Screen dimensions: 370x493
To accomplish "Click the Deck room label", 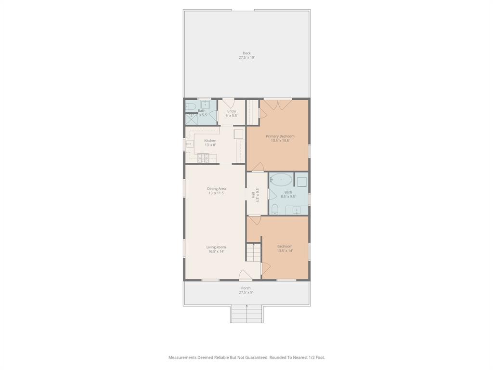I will click(246, 53).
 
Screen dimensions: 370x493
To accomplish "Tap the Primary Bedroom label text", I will click(280, 136).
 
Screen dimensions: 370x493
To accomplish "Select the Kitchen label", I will click(210, 141).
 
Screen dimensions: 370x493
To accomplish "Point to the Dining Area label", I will click(216, 189).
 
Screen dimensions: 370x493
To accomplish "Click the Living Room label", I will click(216, 247).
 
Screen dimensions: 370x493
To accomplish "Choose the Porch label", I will click(246, 288).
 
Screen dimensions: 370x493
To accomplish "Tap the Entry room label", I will click(232, 111).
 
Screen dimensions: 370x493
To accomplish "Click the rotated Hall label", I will click(253, 195).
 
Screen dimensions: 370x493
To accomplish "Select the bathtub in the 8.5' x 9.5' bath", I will click(281, 180).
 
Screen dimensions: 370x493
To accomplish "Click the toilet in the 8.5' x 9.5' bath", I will click(275, 209).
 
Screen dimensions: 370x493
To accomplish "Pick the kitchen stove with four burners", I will click(203, 157).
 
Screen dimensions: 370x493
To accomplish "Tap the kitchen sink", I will click(189, 144).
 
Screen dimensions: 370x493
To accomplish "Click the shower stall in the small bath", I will click(191, 119).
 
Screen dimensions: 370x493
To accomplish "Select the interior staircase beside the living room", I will click(253, 252).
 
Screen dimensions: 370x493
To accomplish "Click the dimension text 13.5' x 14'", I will click(285, 251).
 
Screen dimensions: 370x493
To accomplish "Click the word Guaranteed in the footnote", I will click(256, 357).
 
